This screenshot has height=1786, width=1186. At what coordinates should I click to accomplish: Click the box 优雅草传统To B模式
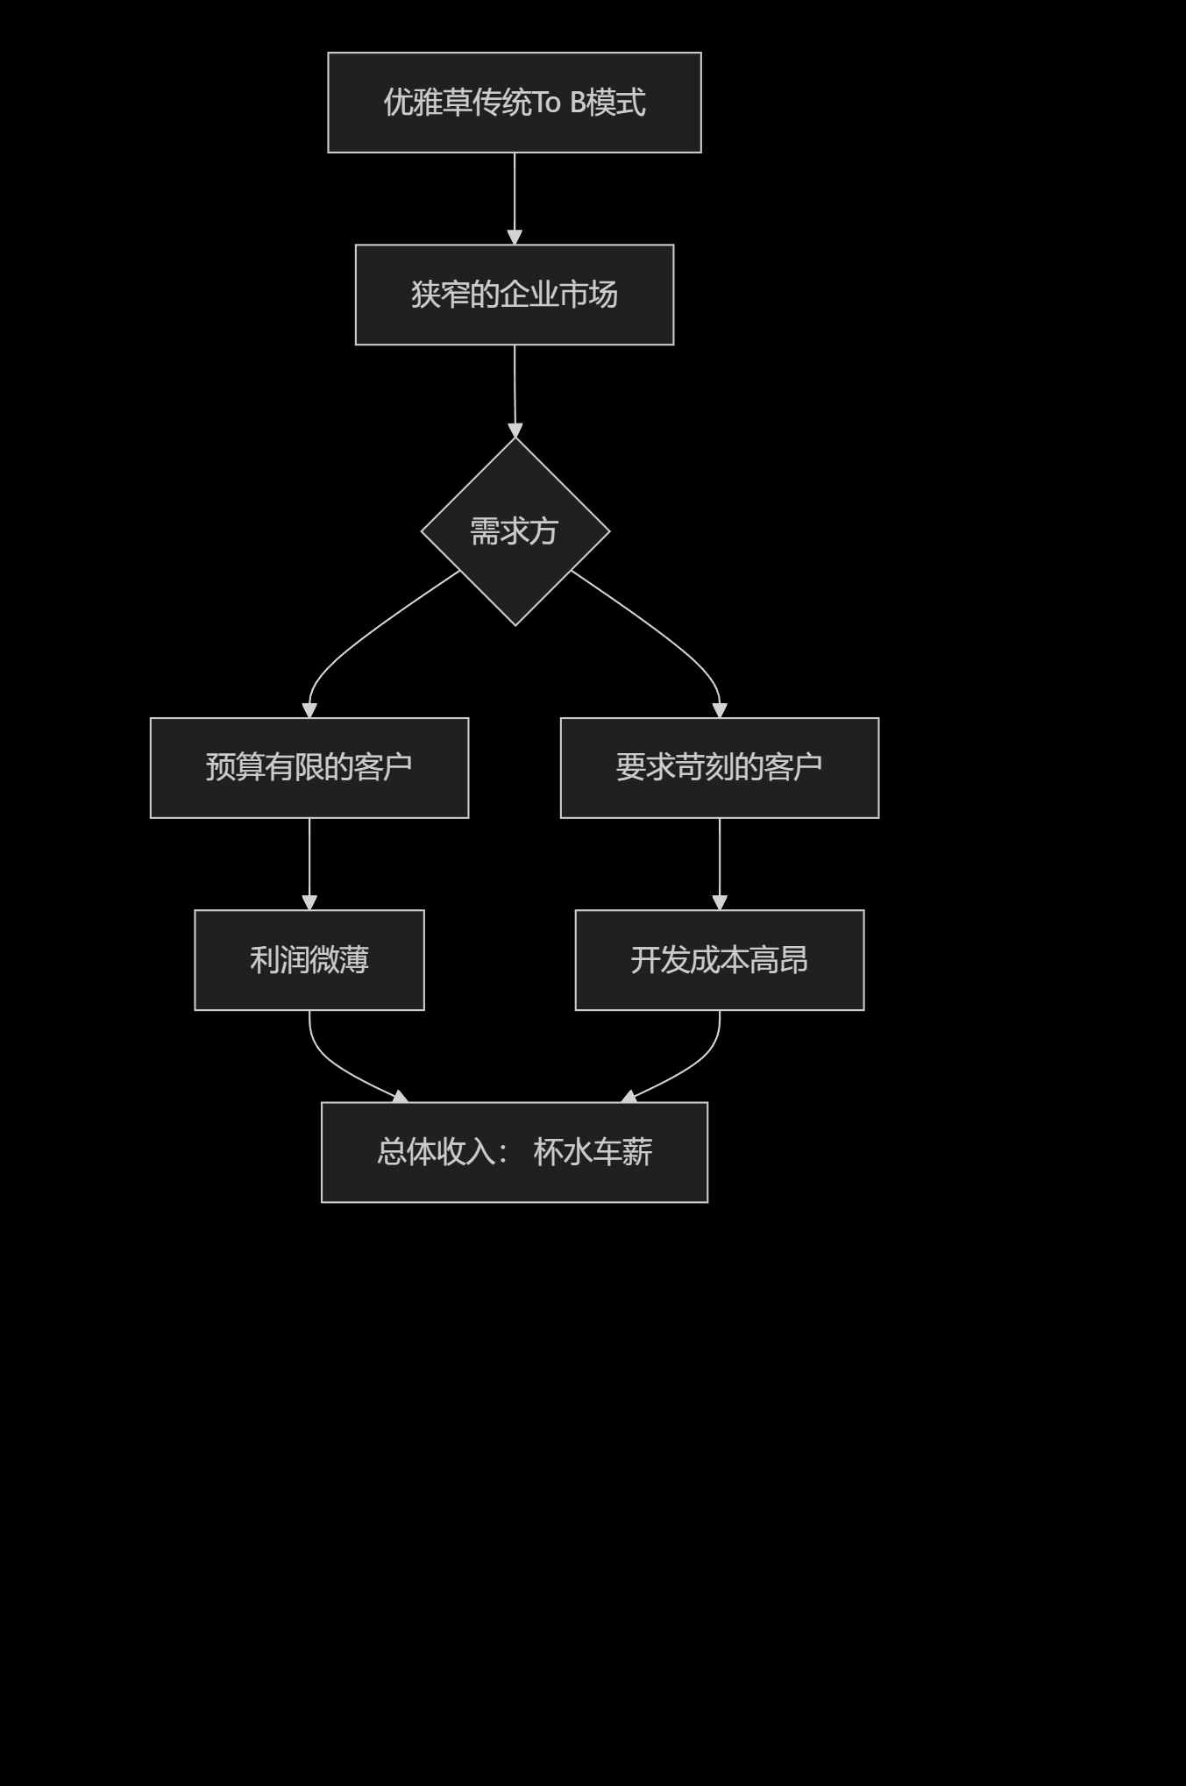pos(514,103)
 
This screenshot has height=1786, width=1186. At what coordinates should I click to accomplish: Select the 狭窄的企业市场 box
pos(514,295)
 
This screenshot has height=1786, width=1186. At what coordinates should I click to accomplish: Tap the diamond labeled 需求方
pos(515,531)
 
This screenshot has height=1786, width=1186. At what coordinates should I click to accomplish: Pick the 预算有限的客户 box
pos(309,768)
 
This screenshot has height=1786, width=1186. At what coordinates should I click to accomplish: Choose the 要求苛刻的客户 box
pos(719,768)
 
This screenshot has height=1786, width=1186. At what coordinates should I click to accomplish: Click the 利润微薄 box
pos(309,960)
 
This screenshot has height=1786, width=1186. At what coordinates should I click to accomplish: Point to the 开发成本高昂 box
pos(719,960)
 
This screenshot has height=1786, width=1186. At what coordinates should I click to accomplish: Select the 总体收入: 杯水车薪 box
pos(514,1152)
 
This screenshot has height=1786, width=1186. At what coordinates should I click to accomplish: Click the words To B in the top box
pos(559,103)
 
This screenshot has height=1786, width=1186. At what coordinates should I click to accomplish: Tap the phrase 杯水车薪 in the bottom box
pos(593,1152)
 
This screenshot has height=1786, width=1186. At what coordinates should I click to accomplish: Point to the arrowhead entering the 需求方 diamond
pos(515,430)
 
